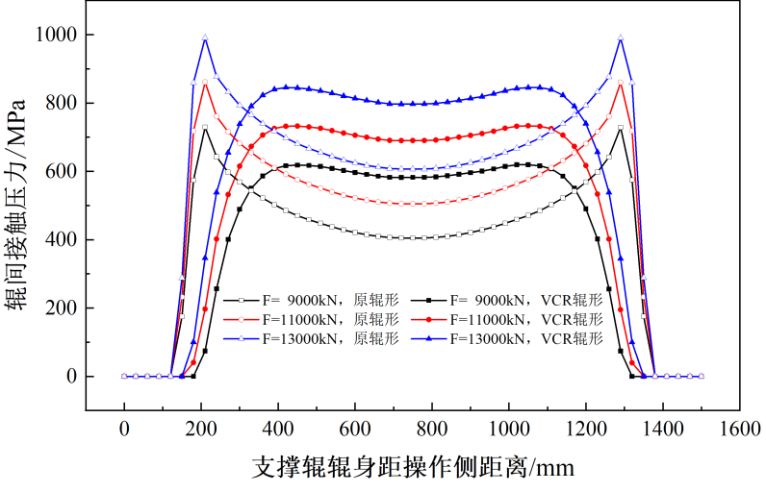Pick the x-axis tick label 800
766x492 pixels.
point(432,430)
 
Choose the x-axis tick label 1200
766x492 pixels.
point(586,430)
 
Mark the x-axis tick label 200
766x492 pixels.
point(201,430)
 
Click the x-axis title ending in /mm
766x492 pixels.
point(413,467)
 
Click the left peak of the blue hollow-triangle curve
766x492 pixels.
point(205,38)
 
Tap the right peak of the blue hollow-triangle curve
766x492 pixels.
point(621,38)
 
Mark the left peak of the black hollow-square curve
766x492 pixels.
point(205,127)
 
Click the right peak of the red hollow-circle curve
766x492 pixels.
point(621,83)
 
